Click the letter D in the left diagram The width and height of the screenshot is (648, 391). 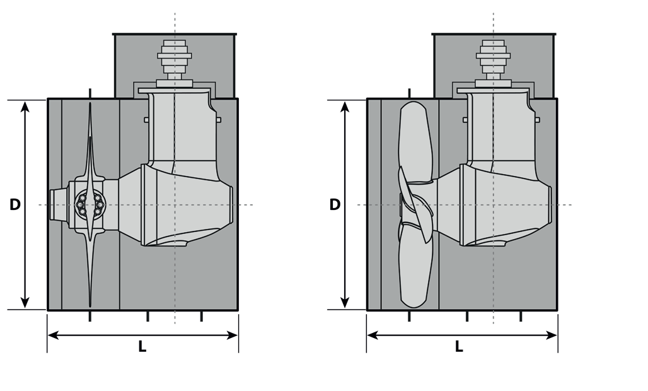pyautogui.click(x=15, y=204)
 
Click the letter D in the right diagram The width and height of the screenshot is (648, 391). pyautogui.click(x=335, y=204)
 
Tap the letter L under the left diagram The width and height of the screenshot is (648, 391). pyautogui.click(x=142, y=346)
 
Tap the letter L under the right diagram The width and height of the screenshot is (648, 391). pyautogui.click(x=459, y=346)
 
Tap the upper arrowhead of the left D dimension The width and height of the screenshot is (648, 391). pyautogui.click(x=25, y=107)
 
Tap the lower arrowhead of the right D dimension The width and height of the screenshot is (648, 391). pyautogui.click(x=345, y=303)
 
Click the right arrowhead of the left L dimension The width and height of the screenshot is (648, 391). pyautogui.click(x=232, y=335)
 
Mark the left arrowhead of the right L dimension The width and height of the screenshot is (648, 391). pyautogui.click(x=373, y=335)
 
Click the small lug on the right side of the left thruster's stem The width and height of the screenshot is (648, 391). pyautogui.click(x=219, y=120)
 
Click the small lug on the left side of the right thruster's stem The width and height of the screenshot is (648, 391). pyautogui.click(x=465, y=120)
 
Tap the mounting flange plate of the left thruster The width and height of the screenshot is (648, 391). pyautogui.click(x=175, y=90)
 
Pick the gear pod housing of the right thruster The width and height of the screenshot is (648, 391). pyautogui.click(x=506, y=204)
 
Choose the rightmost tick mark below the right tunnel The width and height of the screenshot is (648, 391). pyautogui.click(x=521, y=317)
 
